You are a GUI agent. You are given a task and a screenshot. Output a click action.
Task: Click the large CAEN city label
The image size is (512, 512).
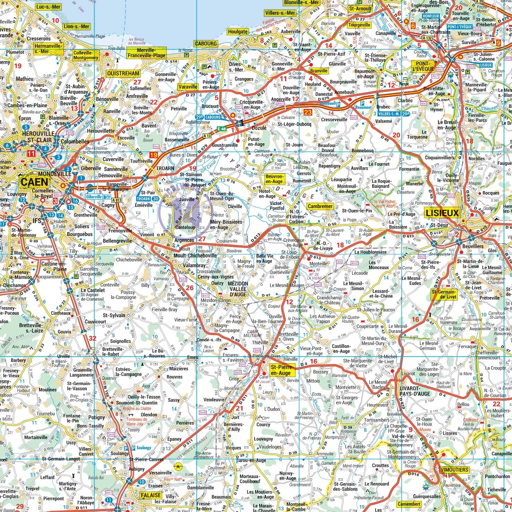pos(35,182)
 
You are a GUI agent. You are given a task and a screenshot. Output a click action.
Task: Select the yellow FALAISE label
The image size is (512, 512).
pos(151,495)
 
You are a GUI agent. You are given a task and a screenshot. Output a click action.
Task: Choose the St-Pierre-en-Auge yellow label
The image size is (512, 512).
pos(282,370)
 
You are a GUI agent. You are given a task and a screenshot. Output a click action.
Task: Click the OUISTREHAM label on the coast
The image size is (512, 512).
pos(123,73)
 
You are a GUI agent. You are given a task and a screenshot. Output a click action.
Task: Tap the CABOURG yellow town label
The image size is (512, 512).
pos(205,44)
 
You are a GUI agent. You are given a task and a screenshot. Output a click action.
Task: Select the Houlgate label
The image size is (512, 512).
pos(238,32)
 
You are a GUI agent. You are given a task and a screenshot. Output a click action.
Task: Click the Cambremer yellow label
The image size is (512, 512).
pos(320,206)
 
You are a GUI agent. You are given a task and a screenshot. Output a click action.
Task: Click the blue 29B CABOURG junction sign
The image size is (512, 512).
pos(209,117)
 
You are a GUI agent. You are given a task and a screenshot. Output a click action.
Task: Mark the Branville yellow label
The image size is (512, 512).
pos(318,71)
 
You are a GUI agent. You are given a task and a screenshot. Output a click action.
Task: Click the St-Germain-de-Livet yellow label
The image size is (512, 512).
pos(444,294)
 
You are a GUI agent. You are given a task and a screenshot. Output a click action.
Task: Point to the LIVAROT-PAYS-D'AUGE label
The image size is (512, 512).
pos(415,390)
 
